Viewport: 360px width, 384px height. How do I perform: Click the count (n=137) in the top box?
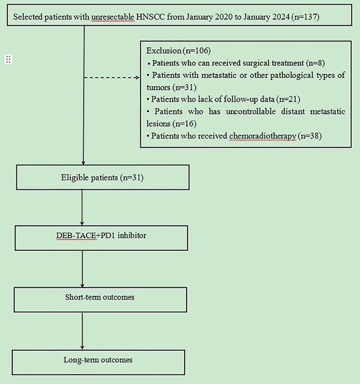pyautogui.click(x=305, y=17)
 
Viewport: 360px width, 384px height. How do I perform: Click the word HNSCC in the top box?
pyautogui.click(x=150, y=17)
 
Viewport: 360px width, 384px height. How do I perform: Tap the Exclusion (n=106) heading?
pyautogui.click(x=179, y=51)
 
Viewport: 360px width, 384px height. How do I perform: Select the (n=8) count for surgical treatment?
pyautogui.click(x=316, y=63)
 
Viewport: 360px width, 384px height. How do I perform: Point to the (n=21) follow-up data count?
pyautogui.click(x=288, y=99)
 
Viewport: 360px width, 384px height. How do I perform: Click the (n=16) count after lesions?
pyautogui.click(x=184, y=123)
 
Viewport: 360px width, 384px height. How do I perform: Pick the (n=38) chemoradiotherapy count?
pyautogui.click(x=310, y=136)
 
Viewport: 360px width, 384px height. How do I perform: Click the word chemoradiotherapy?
pyautogui.click(x=263, y=136)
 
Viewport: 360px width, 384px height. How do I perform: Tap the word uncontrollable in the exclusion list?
pyautogui.click(x=251, y=112)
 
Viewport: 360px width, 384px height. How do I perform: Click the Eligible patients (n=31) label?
pyautogui.click(x=102, y=178)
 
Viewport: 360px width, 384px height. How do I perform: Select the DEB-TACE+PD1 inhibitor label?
pyautogui.click(x=101, y=236)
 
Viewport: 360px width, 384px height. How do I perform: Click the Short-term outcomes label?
pyautogui.click(x=100, y=297)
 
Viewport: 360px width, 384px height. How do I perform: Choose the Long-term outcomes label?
pyautogui.click(x=98, y=360)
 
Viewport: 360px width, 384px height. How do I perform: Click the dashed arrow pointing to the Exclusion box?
pyautogui.click(x=112, y=78)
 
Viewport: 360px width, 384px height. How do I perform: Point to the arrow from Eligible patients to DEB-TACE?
pyautogui.click(x=82, y=207)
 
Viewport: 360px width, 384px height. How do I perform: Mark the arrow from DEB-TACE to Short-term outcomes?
pyautogui.click(x=82, y=269)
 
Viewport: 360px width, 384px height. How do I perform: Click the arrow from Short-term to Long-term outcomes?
pyautogui.click(x=82, y=331)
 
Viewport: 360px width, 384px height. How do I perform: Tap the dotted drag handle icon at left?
pyautogui.click(x=8, y=59)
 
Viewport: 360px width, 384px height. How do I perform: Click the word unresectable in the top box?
pyautogui.click(x=113, y=17)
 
